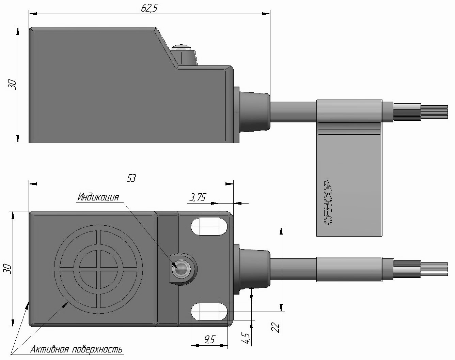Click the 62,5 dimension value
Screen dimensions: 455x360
(x=150, y=8)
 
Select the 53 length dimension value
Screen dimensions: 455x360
(x=131, y=178)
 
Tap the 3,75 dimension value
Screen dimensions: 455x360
(x=198, y=198)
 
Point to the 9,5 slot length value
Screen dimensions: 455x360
(x=209, y=340)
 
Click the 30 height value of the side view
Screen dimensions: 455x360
(x=12, y=85)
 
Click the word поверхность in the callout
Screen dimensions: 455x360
(x=97, y=350)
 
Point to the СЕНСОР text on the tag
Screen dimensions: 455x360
(x=328, y=202)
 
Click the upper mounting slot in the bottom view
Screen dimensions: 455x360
(x=209, y=226)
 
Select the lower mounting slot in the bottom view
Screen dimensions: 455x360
(x=209, y=312)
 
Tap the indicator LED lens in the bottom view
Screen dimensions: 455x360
(x=181, y=269)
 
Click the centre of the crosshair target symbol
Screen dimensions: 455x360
(x=98, y=269)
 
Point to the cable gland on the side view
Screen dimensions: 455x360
(x=252, y=111)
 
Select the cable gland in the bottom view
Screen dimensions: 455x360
(x=252, y=269)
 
